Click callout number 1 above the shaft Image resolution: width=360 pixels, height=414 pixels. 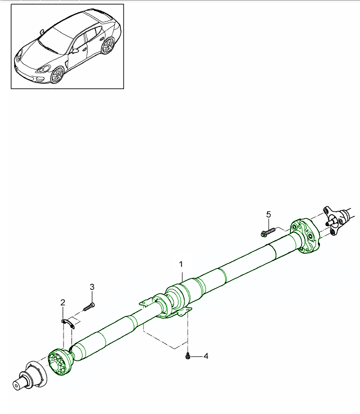click(181, 264)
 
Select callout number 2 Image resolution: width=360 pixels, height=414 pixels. click(63, 302)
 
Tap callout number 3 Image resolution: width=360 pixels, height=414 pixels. click(92, 287)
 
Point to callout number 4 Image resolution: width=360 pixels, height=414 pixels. click(205, 356)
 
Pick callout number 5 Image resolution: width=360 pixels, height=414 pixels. click(268, 214)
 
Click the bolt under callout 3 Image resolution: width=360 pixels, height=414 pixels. click(89, 307)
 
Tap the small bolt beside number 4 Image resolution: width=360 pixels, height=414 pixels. click(187, 356)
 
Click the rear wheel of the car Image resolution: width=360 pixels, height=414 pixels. click(107, 46)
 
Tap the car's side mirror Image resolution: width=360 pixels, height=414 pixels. click(75, 50)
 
